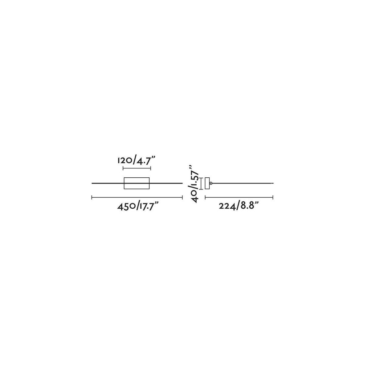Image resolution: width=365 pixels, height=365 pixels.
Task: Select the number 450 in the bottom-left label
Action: point(126,207)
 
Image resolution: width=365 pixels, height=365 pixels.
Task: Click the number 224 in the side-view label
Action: point(227,206)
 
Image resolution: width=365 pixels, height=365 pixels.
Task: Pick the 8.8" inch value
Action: point(249,206)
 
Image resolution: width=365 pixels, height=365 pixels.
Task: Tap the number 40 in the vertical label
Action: point(195,197)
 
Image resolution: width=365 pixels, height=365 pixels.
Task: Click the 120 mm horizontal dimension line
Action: point(137,168)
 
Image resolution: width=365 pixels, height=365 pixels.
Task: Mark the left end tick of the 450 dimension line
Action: point(92,198)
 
